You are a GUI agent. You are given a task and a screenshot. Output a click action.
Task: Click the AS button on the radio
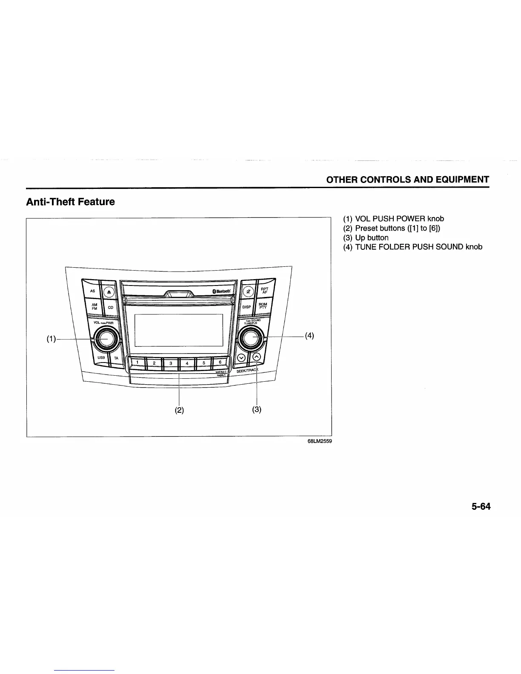pos(92,291)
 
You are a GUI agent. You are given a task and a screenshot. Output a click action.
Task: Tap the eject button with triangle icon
pos(109,292)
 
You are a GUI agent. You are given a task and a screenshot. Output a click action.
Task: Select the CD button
pos(111,307)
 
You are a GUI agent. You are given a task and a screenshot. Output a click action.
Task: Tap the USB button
pos(101,358)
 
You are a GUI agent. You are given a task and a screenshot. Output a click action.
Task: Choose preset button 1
pos(137,363)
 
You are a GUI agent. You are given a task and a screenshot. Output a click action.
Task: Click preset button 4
pos(187,363)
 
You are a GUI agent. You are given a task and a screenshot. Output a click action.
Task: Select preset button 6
pos(220,362)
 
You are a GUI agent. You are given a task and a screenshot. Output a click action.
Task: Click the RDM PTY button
pos(263,306)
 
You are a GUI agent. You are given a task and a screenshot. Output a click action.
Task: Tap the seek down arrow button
pos(241,357)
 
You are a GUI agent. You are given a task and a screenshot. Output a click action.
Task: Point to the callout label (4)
pos(309,335)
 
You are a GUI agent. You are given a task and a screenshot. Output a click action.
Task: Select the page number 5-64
pos(481,506)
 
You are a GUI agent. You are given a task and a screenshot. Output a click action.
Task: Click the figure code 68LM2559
pos(319,441)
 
